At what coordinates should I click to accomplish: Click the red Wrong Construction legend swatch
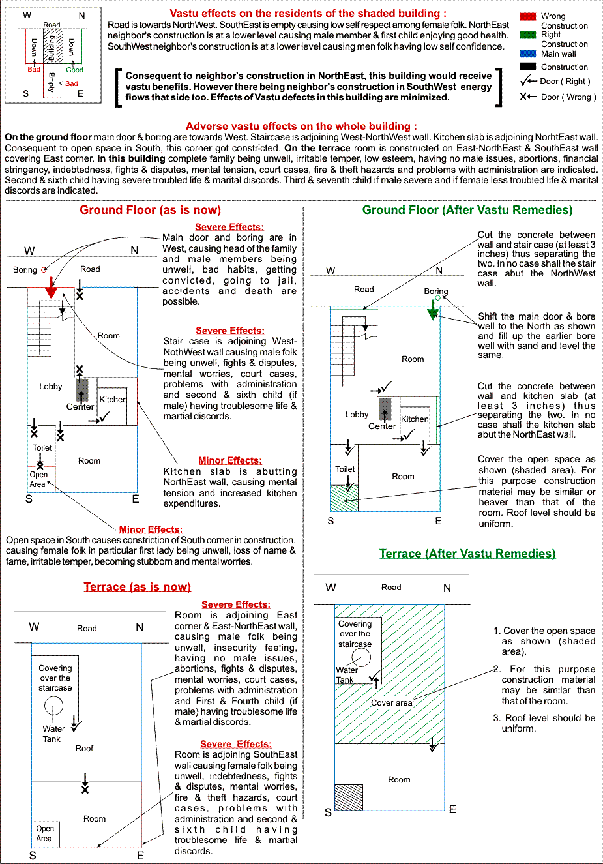click(x=528, y=16)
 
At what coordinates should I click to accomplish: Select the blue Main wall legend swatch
click(x=528, y=53)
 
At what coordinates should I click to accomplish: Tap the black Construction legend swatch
click(x=528, y=67)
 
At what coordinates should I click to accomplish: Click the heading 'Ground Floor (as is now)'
click(x=151, y=210)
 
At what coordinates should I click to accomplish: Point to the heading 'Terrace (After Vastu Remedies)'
click(x=467, y=554)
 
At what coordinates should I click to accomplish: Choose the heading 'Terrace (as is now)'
click(x=137, y=587)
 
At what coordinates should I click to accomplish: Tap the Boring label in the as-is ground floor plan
click(x=25, y=270)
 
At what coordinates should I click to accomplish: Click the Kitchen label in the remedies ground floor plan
click(x=415, y=419)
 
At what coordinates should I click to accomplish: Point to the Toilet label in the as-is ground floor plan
click(x=42, y=448)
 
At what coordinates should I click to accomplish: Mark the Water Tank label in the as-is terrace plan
click(x=53, y=734)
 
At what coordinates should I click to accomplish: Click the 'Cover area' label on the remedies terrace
click(x=391, y=703)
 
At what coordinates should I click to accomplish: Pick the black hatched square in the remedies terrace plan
click(x=348, y=797)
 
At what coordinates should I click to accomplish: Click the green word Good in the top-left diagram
click(x=74, y=70)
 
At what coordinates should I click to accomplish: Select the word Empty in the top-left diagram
click(x=51, y=82)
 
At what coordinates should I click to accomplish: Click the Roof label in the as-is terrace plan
click(x=84, y=749)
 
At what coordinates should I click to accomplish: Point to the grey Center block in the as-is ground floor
click(x=81, y=389)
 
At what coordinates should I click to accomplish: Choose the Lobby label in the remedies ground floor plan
click(x=357, y=415)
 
